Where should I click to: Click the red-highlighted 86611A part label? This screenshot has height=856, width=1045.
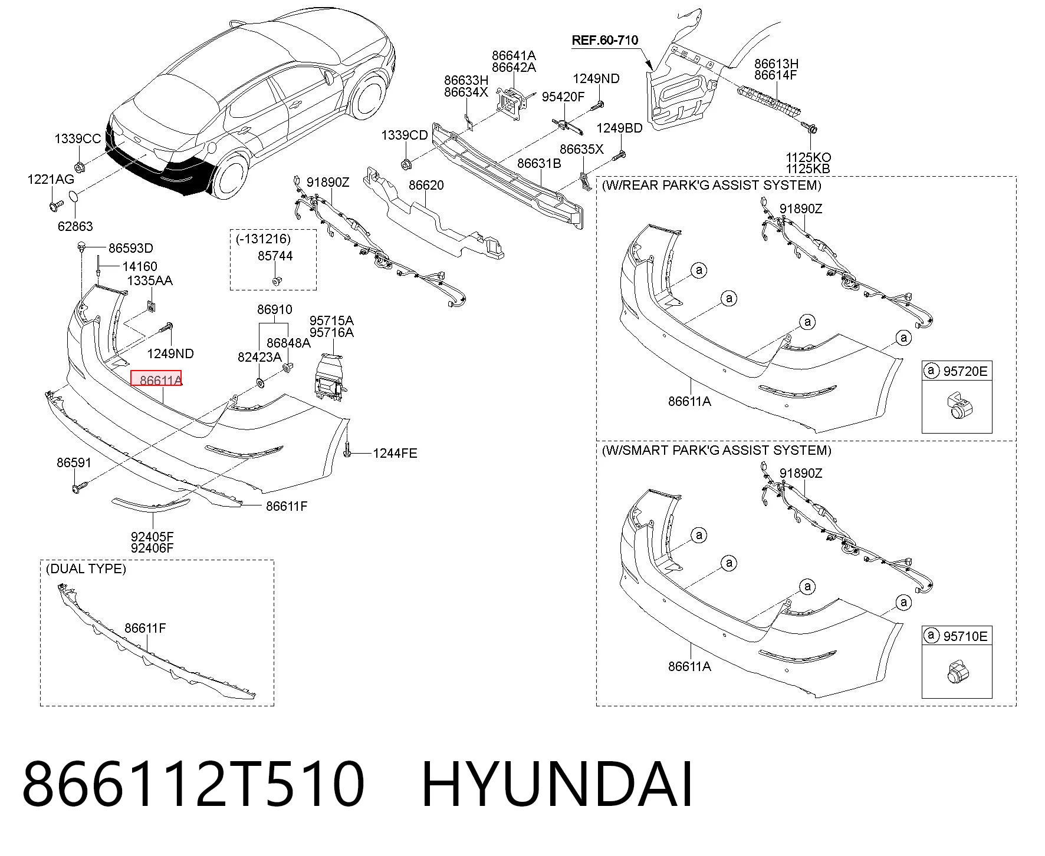point(156,379)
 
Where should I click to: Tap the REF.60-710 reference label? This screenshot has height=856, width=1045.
point(605,41)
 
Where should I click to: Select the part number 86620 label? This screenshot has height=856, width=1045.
point(426,185)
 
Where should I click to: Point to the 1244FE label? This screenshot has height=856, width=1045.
point(395,453)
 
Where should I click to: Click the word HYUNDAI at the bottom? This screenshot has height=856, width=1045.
point(557,784)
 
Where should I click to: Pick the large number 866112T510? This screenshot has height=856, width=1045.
point(193,784)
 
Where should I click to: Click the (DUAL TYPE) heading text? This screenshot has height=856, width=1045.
point(86,569)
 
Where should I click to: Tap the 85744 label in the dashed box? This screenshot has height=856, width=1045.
point(275,256)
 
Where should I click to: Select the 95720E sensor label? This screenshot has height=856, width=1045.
point(965,371)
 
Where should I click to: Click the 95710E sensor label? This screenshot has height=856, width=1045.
point(965,636)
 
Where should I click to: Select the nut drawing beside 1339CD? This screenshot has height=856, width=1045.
point(405,163)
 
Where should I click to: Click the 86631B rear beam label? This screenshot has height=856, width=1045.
point(539,163)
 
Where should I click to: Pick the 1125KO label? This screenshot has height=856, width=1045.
point(808,157)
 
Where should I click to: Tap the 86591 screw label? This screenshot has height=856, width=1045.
point(74,462)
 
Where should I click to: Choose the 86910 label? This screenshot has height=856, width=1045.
point(274,309)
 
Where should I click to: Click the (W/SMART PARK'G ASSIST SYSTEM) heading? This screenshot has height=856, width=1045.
point(717,450)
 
